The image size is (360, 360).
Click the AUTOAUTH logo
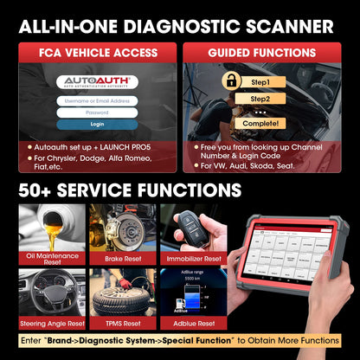(96, 82)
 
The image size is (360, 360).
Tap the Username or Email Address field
(97, 100)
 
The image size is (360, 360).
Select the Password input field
(97, 112)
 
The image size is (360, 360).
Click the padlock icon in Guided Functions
(231, 81)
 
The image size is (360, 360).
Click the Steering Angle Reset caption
(51, 322)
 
